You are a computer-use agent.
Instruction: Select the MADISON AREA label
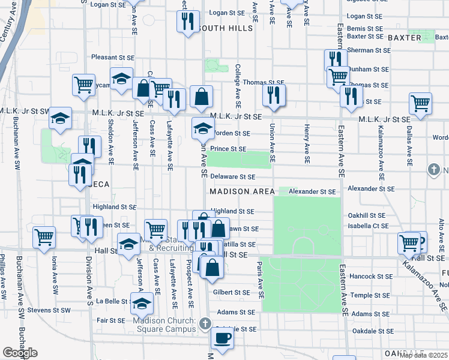click(x=242, y=191)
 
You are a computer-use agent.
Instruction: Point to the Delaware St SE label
click(x=233, y=177)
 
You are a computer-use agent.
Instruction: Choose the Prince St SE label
click(x=228, y=148)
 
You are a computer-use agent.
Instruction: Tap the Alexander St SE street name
click(x=312, y=191)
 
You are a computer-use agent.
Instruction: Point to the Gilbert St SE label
click(x=231, y=293)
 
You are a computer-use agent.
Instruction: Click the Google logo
click(x=20, y=353)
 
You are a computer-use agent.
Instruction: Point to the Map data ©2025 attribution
click(x=423, y=355)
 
